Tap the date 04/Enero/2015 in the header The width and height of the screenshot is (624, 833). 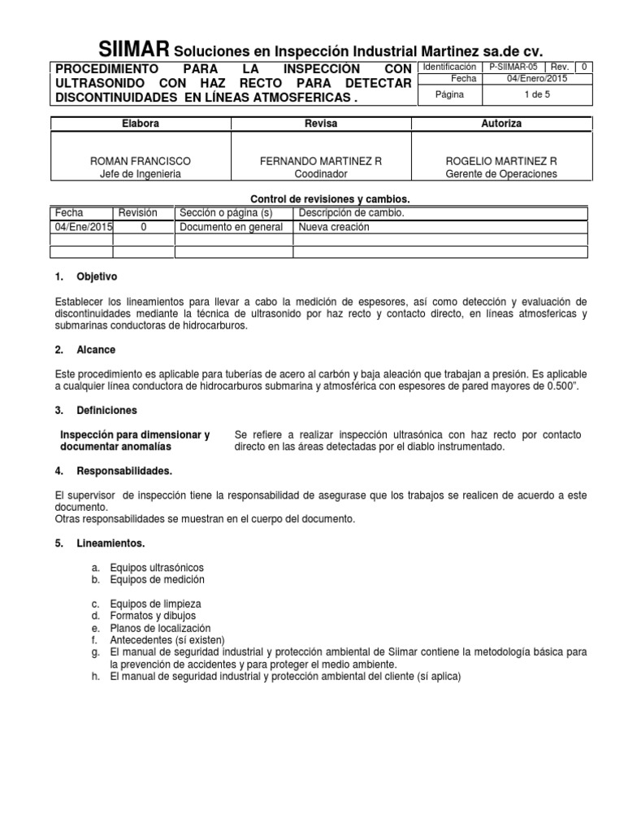[537, 79]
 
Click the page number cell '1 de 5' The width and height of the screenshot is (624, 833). [537, 94]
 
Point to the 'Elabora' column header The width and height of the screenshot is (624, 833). [141, 124]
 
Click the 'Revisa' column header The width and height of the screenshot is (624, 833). [321, 124]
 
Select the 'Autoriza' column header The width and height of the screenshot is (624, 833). [501, 124]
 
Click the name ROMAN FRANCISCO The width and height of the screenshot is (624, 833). [141, 162]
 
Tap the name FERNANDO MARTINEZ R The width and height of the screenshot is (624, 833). [321, 162]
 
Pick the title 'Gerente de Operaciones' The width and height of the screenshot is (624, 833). [501, 174]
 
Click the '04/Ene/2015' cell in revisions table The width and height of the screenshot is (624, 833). [83, 227]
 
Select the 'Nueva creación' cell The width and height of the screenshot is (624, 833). [333, 227]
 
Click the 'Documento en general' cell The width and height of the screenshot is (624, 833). [232, 227]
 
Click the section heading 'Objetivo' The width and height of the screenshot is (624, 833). [97, 277]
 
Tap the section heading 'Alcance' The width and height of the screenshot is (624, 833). [96, 350]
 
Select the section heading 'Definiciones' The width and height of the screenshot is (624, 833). [106, 410]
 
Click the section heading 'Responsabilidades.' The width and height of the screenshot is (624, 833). [123, 471]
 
